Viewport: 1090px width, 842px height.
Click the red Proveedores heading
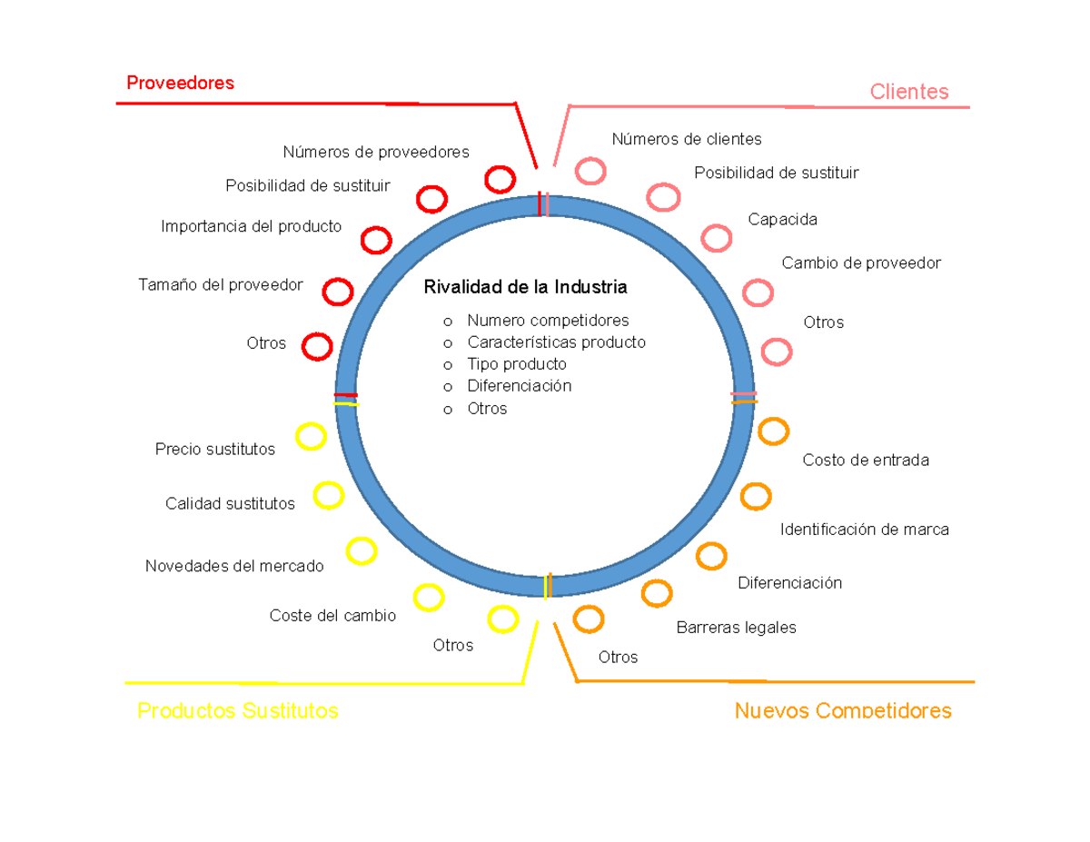180,84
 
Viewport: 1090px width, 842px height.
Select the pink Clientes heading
908,92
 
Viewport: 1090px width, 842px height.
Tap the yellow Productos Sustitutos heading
237,710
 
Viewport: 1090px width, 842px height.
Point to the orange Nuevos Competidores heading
843,710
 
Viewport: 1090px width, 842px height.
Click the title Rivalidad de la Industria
525,288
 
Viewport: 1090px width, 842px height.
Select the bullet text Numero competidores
548,321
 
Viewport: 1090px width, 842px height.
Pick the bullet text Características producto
556,342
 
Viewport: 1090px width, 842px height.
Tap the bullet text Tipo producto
517,364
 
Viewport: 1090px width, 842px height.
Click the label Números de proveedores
375,152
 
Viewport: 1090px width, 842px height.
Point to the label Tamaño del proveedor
221,285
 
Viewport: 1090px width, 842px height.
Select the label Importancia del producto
252,226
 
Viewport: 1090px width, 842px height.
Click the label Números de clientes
686,139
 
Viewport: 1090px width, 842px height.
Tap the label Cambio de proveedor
861,263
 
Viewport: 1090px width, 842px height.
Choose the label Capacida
782,220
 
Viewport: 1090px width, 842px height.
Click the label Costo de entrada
866,461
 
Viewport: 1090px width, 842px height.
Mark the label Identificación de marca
864,530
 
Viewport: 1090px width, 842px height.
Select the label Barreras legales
736,628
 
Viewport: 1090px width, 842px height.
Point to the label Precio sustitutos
215,450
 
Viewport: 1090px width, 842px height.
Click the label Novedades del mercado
234,567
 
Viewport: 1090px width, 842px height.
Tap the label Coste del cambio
332,616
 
